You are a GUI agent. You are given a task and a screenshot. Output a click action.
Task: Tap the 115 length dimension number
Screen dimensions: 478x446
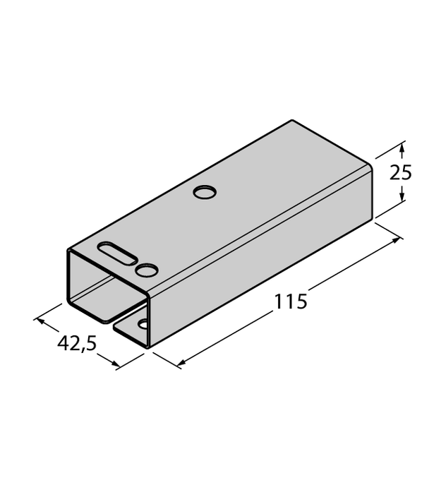coord(291,301)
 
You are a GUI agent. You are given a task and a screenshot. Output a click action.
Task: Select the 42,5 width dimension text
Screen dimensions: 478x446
coord(76,345)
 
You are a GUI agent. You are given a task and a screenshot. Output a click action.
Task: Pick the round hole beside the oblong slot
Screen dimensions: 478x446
coord(147,269)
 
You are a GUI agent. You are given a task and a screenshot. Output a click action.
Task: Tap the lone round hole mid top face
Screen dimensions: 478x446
coord(205,192)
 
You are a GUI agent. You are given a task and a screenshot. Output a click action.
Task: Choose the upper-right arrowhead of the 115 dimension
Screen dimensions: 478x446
coord(397,241)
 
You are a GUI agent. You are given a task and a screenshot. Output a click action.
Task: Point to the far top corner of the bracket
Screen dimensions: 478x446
coord(291,121)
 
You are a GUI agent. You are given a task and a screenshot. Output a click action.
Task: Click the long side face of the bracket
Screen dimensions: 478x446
coord(261,254)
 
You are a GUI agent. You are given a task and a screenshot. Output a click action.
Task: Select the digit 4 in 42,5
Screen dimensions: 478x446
coord(63,345)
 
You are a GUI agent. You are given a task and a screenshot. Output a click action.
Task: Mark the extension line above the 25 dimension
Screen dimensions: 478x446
coord(389,148)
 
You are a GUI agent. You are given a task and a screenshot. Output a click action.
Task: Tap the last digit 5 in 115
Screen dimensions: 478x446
coord(301,301)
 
